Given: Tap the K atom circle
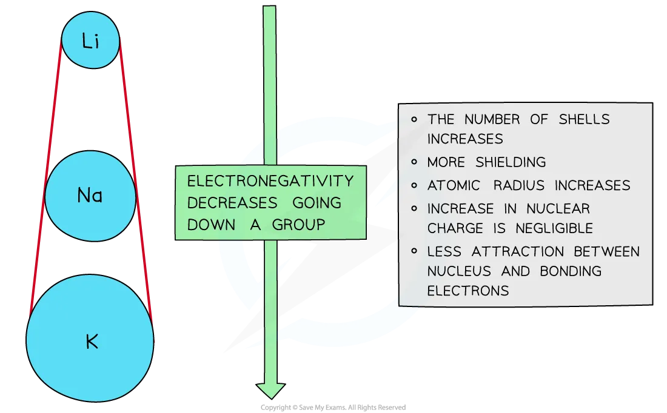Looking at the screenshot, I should pyautogui.click(x=90, y=343).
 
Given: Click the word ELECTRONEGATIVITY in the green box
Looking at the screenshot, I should pyautogui.click(x=270, y=181).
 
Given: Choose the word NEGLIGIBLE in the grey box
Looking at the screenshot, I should pyautogui.click(x=554, y=228).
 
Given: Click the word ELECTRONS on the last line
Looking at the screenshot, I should pyautogui.click(x=468, y=291).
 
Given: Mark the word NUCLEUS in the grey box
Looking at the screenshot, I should pyautogui.click(x=451, y=271).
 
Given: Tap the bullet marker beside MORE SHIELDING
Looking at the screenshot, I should pyautogui.click(x=414, y=162).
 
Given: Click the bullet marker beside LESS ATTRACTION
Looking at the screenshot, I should pyautogui.click(x=414, y=251).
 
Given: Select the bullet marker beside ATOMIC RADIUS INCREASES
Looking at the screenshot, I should pyautogui.click(x=414, y=185).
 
